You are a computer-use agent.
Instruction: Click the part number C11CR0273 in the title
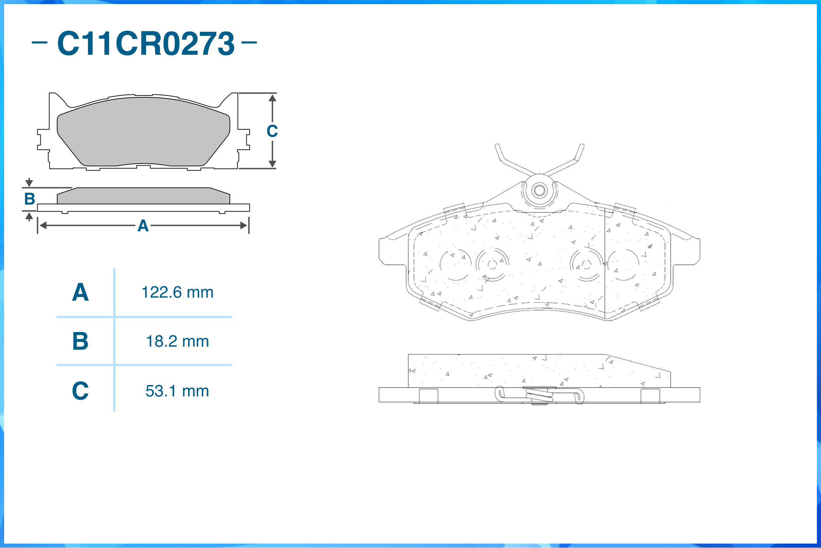pos(146,43)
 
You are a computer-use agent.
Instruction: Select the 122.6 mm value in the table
pos(178,293)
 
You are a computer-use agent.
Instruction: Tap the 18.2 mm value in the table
pos(178,342)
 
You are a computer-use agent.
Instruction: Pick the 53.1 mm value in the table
pos(178,391)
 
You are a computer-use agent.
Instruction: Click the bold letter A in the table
pos(80,292)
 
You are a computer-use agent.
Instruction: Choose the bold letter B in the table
pos(80,341)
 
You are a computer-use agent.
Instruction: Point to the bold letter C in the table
pos(80,391)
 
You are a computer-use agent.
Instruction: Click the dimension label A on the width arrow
pos(143,226)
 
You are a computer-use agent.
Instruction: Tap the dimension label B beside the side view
pos(30,199)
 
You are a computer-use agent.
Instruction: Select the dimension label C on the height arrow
pos(272,131)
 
